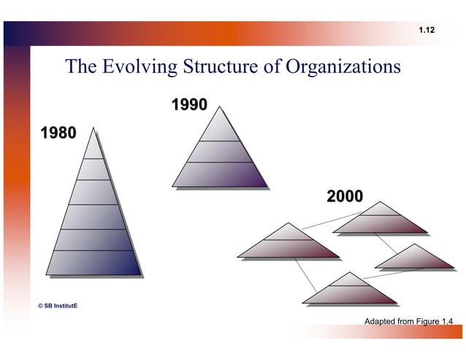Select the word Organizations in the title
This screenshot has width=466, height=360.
tap(343, 67)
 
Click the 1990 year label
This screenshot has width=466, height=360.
tap(188, 105)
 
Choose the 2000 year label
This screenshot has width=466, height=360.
tap(344, 196)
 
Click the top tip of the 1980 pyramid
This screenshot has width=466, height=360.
tap(93, 146)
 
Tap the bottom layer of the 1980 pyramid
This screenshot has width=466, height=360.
tap(93, 263)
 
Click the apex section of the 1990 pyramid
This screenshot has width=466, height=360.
tap(219, 129)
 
